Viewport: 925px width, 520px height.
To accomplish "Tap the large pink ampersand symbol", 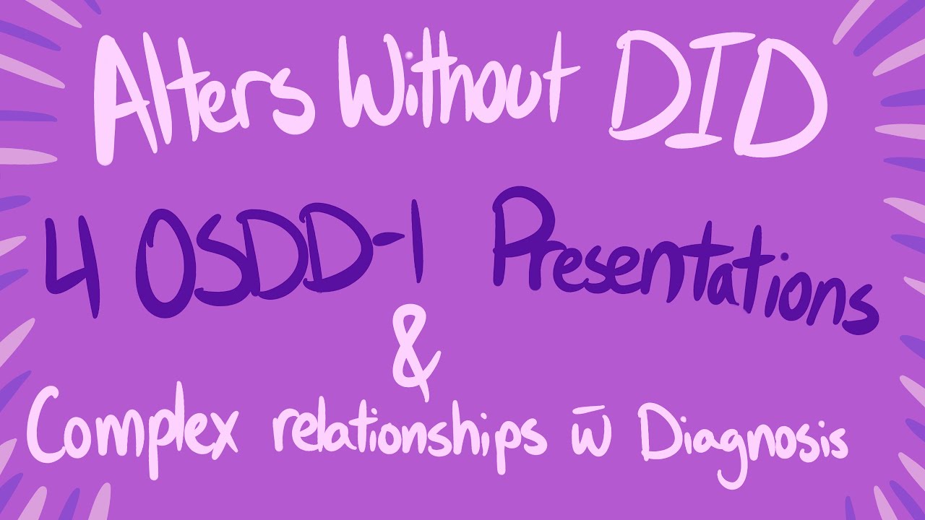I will tap(415, 355).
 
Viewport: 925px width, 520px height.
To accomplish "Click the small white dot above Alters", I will tap(410, 55).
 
